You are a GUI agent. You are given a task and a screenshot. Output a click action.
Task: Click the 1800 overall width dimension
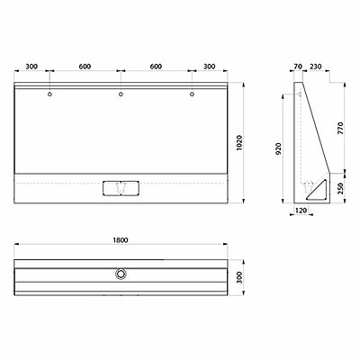(121, 240)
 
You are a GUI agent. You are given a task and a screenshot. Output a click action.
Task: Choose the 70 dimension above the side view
(298, 66)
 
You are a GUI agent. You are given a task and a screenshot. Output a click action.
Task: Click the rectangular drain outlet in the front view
(121, 186)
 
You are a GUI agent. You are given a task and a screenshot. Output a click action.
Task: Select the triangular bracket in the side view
(313, 188)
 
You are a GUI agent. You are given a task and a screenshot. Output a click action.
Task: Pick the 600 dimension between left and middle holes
(85, 66)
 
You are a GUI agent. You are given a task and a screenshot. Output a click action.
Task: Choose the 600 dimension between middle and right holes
(156, 66)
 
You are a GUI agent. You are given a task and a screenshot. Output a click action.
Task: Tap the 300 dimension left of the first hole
(32, 66)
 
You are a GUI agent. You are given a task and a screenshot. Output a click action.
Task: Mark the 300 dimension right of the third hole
(210, 66)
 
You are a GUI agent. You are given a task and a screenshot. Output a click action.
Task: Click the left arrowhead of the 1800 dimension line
(16, 248)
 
